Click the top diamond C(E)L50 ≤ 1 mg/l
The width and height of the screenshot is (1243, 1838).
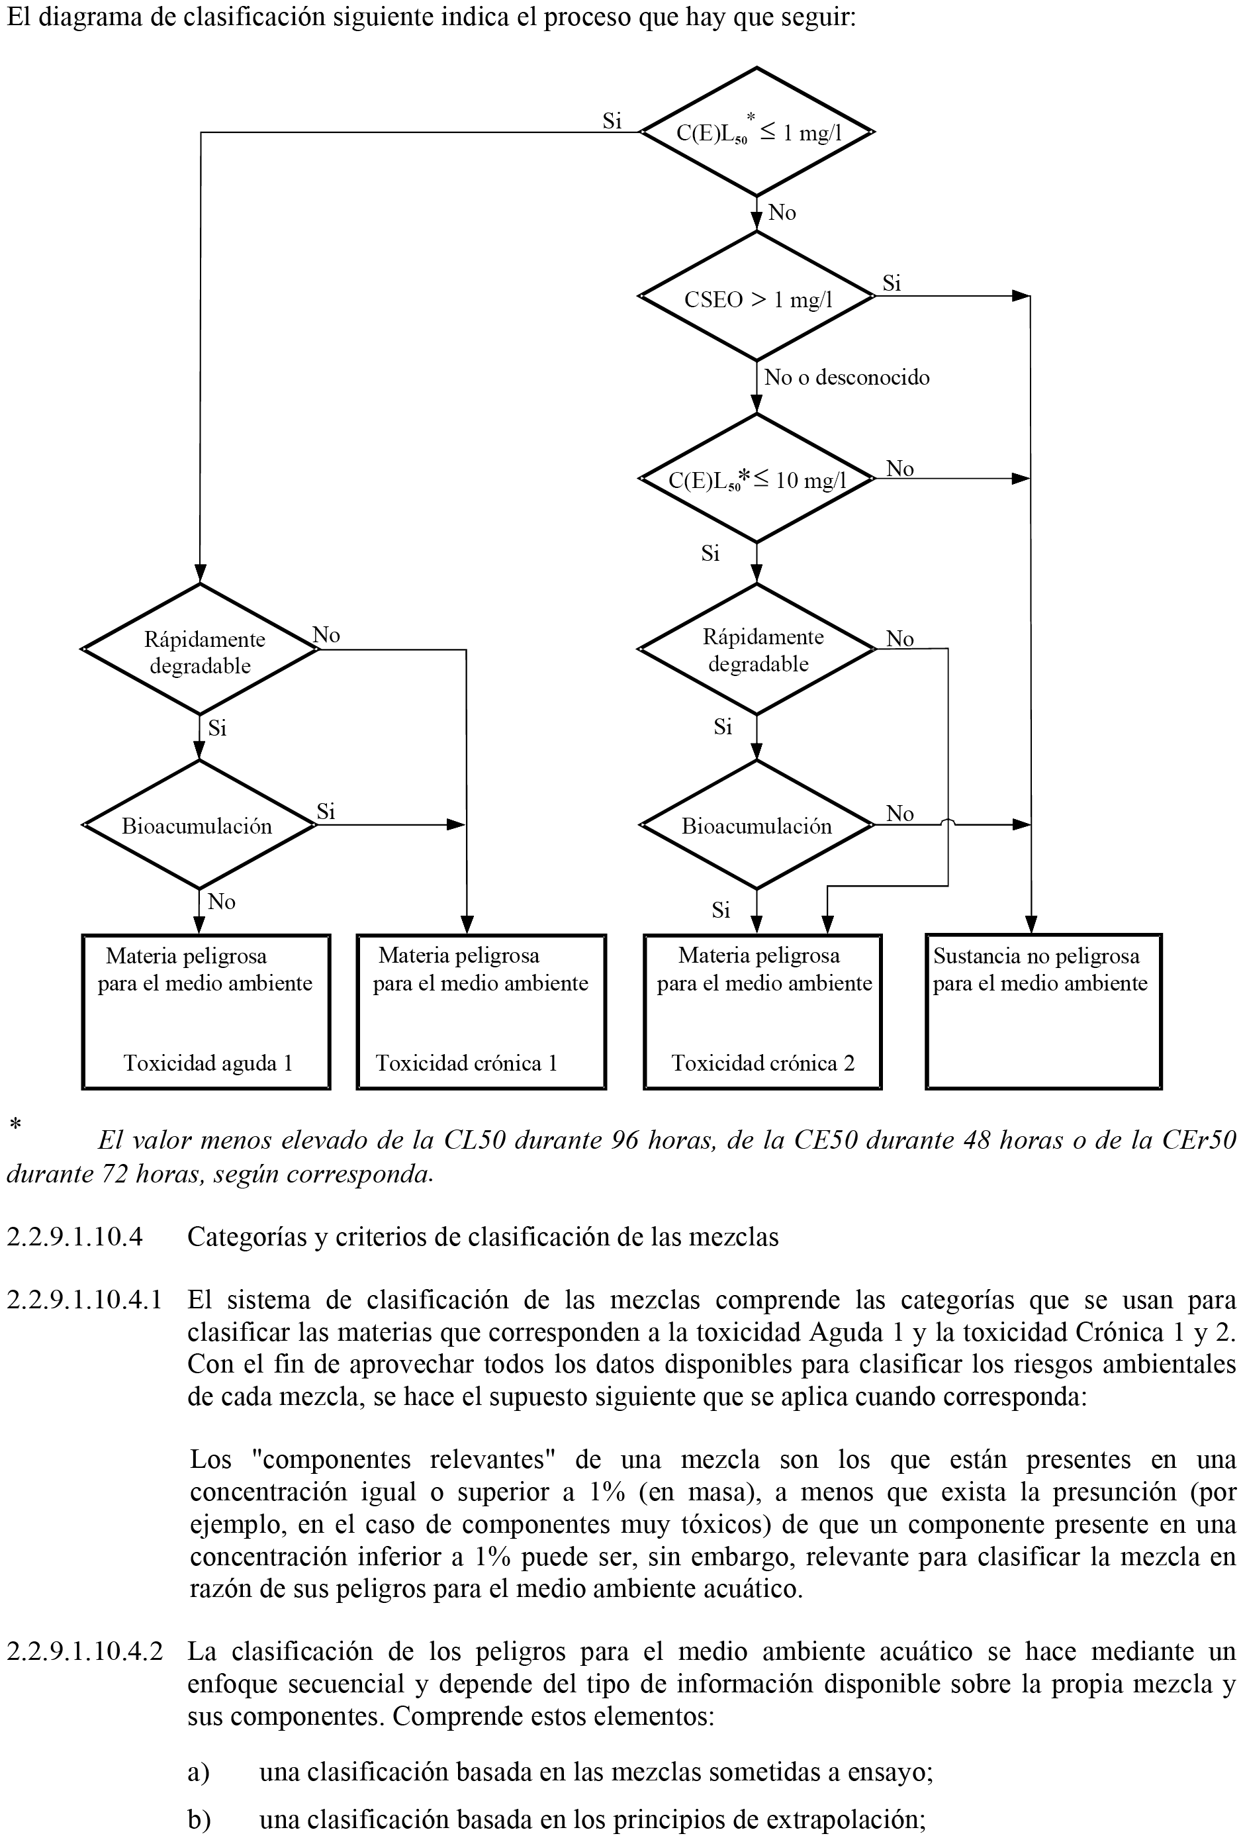point(757,132)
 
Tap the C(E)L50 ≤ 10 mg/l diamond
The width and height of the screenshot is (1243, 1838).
point(757,479)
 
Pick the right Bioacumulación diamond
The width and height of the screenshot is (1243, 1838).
point(757,826)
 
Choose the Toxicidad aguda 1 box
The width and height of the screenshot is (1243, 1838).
point(206,1012)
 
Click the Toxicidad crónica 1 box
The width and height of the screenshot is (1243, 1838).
point(481,1012)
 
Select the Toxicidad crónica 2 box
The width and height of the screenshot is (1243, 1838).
point(762,1012)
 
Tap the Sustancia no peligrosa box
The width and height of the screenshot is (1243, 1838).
point(1043,1012)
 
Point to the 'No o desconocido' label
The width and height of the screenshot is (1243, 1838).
point(846,377)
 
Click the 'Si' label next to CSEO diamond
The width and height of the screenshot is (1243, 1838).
point(891,283)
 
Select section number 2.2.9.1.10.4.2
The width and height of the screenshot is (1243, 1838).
point(85,1651)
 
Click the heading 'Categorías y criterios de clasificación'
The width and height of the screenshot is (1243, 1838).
point(483,1236)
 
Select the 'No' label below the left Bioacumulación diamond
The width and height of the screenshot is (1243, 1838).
point(222,902)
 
